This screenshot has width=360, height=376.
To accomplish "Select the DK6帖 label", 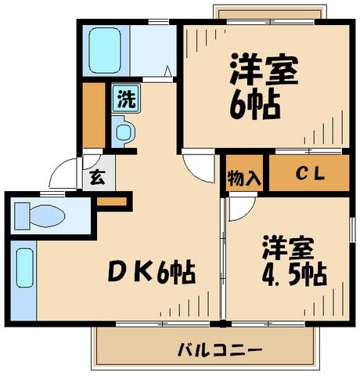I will (151, 272).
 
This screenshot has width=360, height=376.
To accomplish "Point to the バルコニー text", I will (207, 349).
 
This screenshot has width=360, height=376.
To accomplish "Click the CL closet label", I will (308, 173).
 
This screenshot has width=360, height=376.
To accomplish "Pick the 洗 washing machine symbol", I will (125, 99).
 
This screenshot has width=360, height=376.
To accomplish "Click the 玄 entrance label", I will (96, 177).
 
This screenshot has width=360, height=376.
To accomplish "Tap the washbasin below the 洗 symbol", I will (124, 129).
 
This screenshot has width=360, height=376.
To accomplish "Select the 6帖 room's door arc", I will (197, 168).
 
